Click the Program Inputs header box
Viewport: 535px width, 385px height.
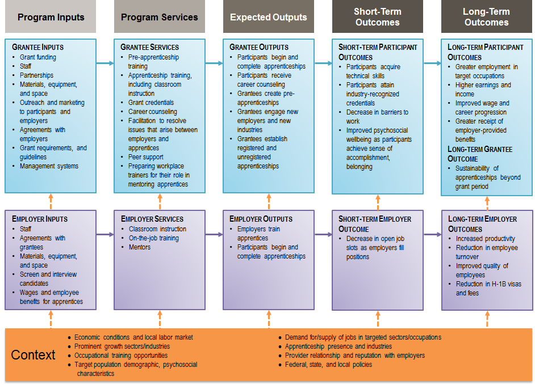[51, 17]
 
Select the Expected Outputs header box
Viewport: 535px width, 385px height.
[268, 17]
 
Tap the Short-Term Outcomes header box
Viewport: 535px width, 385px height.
[377, 17]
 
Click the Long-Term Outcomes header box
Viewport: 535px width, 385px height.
[486, 17]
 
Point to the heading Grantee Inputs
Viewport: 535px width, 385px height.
[38, 47]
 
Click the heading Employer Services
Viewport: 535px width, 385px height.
[152, 219]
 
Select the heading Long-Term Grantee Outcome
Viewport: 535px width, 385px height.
[480, 154]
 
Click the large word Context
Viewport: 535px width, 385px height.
[34, 355]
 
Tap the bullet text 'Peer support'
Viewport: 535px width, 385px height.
[146, 157]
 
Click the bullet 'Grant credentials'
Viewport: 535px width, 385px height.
[151, 103]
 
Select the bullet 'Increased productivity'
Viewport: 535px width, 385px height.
[486, 239]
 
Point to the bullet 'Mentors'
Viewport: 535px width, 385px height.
[140, 247]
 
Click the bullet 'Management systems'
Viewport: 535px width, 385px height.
[49, 166]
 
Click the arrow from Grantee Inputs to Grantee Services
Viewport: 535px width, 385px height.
[105, 64]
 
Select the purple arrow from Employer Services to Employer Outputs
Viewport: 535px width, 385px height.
[214, 234]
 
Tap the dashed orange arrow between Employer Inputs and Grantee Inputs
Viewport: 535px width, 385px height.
[51, 201]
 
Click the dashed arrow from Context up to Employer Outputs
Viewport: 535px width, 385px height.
[269, 319]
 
